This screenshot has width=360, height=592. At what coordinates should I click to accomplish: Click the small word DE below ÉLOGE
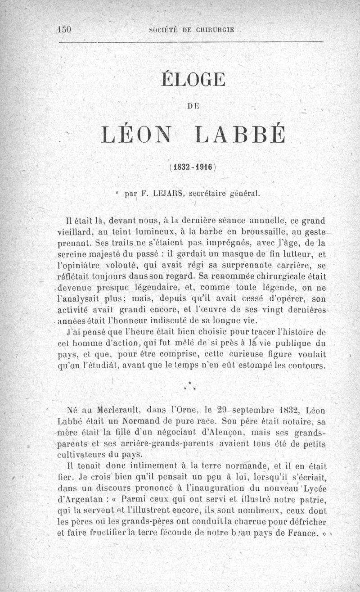[x=193, y=106]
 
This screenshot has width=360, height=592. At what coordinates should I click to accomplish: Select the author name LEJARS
[x=167, y=195]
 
